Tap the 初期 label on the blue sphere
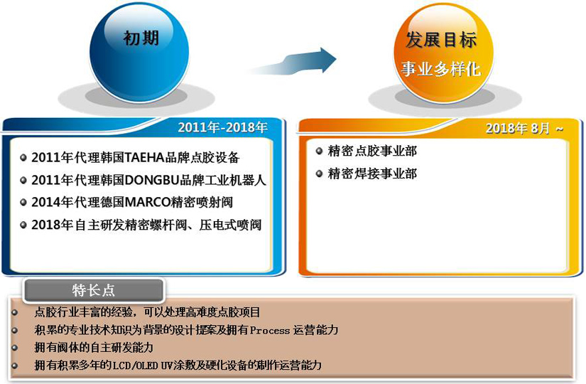point(141,38)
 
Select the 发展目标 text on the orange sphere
point(441,39)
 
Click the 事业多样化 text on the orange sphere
point(441,69)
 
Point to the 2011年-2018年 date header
point(223,127)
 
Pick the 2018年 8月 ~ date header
point(524,129)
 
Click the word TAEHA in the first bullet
point(145,158)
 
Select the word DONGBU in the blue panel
point(152,181)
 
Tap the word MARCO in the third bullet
point(148,203)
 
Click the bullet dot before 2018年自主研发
point(23,225)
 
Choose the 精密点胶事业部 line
point(372,151)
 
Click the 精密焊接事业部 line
point(372,174)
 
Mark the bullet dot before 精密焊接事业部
point(319,174)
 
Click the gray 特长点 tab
point(94,290)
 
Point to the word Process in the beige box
point(270,331)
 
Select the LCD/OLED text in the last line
point(135,366)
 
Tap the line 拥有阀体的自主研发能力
point(94,348)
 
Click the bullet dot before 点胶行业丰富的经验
point(15,312)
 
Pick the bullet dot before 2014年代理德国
point(23,203)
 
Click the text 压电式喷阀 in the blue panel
point(230,225)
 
